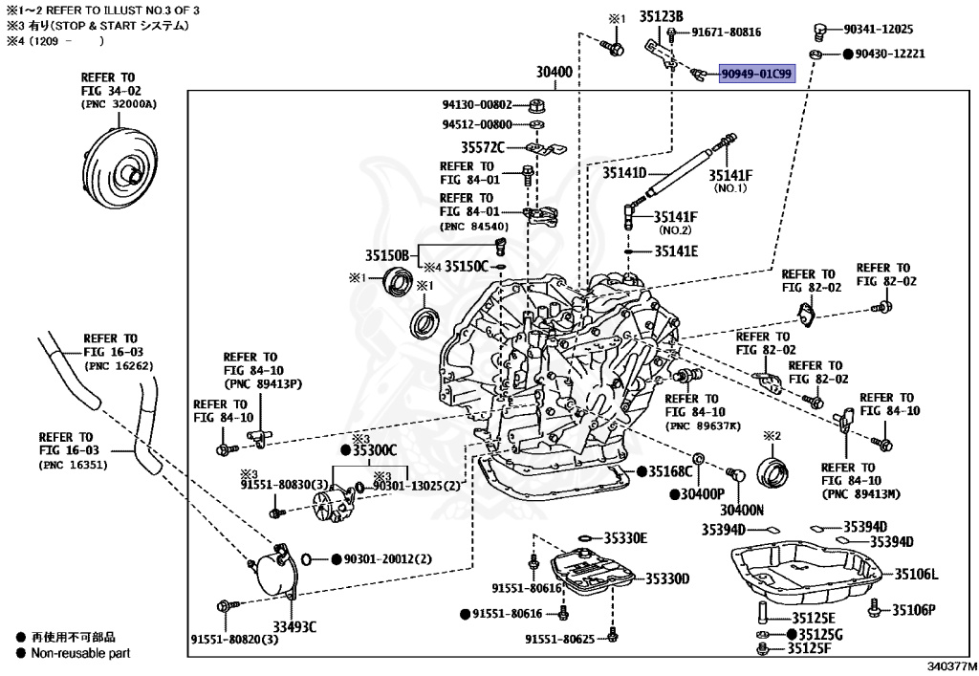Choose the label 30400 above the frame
point(554,72)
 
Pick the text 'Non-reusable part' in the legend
point(80,654)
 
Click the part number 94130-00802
point(477,104)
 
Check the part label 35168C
point(669,471)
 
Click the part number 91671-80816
point(727,33)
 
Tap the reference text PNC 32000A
point(119,103)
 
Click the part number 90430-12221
point(890,54)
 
